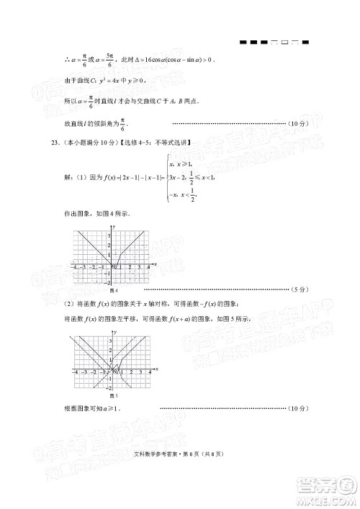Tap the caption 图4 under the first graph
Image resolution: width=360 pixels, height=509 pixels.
[x=113, y=289]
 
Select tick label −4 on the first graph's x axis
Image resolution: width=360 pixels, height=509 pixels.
[x=76, y=267]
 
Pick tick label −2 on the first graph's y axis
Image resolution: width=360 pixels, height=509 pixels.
[x=108, y=282]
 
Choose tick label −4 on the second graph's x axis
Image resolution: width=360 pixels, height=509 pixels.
[x=76, y=372]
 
